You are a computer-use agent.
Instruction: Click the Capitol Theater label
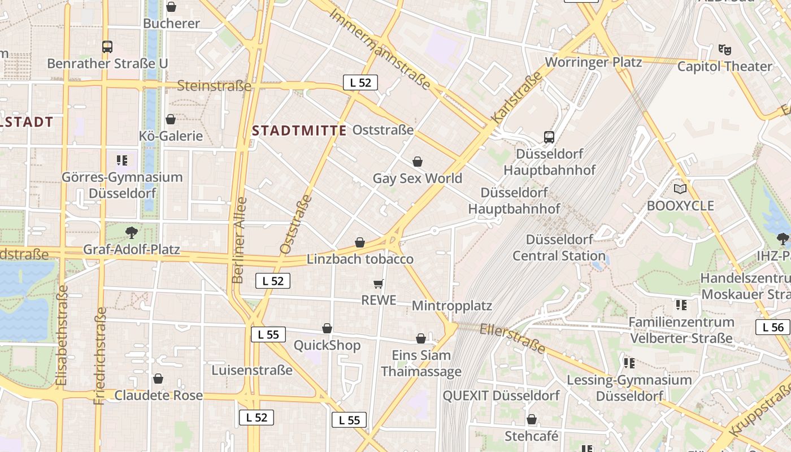click(x=724, y=66)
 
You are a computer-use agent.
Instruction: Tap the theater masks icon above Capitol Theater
click(x=724, y=50)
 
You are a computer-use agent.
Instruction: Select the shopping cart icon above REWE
click(x=379, y=284)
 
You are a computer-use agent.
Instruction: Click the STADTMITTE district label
click(x=299, y=131)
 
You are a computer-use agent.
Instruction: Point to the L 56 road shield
click(x=773, y=327)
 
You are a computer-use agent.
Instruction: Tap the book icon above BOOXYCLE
click(x=680, y=189)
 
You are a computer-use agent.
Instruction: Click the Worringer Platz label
click(x=593, y=62)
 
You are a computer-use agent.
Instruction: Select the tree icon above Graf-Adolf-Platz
click(x=131, y=232)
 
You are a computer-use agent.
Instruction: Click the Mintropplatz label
click(x=451, y=306)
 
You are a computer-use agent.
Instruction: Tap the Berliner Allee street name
click(x=239, y=240)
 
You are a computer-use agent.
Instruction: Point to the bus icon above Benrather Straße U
click(x=107, y=46)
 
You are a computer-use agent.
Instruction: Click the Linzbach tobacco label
click(x=360, y=259)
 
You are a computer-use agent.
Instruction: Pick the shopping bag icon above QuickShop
click(x=327, y=328)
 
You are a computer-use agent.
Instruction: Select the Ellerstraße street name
click(x=512, y=338)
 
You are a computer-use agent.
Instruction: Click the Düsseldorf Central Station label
click(x=559, y=247)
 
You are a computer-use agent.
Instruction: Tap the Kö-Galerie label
click(x=171, y=136)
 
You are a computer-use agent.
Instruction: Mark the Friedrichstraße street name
click(x=100, y=355)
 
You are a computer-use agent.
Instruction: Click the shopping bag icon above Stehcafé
click(x=531, y=419)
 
